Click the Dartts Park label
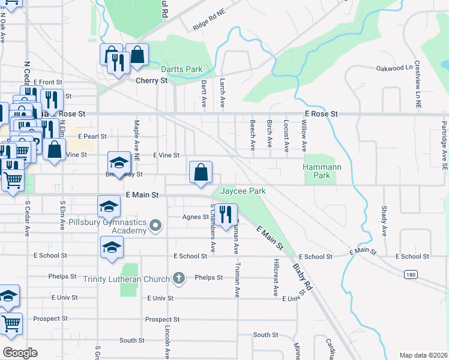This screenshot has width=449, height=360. [x=185, y=70]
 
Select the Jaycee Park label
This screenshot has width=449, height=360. [x=243, y=191]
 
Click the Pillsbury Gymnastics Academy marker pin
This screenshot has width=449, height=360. [x=156, y=226]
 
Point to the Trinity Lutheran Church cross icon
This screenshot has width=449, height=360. [x=178, y=278]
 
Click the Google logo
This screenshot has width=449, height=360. [x=20, y=352]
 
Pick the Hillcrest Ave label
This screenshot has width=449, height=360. [x=276, y=278]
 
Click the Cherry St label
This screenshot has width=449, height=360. [x=151, y=80]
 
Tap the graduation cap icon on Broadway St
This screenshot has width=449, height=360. [x=119, y=163]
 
